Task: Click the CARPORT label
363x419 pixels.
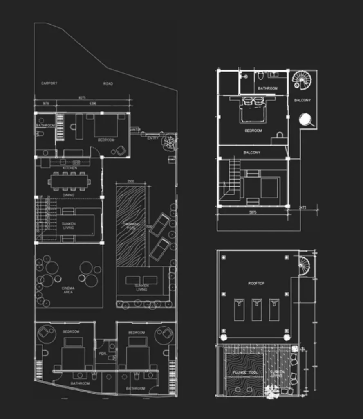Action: coord(49,83)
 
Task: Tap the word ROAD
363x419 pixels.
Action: coord(108,83)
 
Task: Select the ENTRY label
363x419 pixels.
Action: coord(152,138)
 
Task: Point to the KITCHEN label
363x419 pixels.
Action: coord(69,168)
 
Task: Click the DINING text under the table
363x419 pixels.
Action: coord(69,195)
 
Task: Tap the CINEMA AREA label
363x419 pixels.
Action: coord(68,290)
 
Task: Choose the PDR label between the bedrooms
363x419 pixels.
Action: coord(103,354)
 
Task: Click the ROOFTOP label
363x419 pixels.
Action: coord(256,283)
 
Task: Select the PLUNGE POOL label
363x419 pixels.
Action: coord(244,373)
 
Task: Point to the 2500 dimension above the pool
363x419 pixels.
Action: coord(131,181)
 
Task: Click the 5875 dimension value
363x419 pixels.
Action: coord(252,213)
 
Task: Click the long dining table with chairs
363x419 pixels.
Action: coord(69,181)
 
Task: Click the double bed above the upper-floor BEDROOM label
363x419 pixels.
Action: coord(253,110)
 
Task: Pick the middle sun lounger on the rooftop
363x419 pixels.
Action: coord(257,309)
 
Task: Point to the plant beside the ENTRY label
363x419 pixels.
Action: coord(168,142)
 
